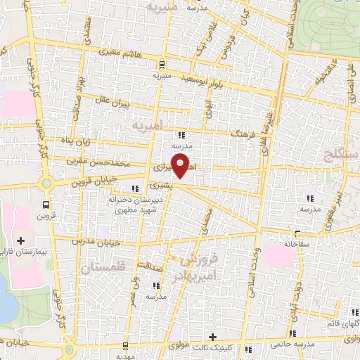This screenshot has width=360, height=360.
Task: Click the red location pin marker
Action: point(181,167)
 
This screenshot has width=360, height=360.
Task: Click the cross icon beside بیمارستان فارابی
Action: point(21,241)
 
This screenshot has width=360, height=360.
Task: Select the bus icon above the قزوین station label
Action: point(46,205)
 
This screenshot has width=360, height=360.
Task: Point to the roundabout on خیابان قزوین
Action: point(46,184)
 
